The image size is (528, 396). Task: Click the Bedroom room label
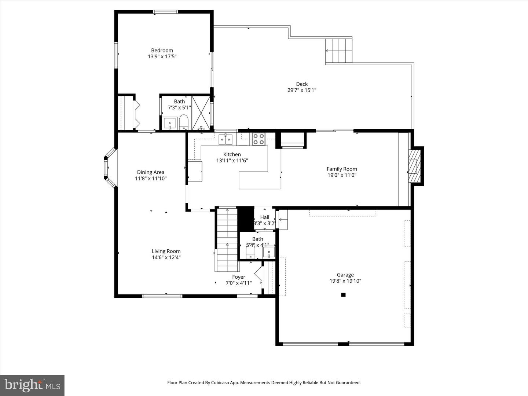click(162, 51)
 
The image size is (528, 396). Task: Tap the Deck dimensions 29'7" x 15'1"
click(301, 90)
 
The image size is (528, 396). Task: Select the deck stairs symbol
click(338, 51)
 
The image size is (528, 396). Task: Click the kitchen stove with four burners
click(258, 139)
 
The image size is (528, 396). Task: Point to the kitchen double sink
click(225, 139)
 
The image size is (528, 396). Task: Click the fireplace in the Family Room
click(414, 166)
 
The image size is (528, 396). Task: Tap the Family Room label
click(341, 169)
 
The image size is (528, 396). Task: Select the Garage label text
click(345, 275)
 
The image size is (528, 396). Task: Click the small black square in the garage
click(343, 294)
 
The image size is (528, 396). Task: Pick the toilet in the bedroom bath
click(183, 122)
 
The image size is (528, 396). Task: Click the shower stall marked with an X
click(201, 112)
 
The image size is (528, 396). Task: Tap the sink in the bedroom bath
click(169, 123)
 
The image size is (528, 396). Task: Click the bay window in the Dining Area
click(109, 167)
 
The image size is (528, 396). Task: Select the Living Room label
click(166, 252)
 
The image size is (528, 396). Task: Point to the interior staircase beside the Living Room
click(227, 240)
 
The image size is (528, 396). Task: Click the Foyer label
click(239, 277)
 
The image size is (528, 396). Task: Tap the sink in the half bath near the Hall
click(269, 252)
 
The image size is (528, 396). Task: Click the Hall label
click(264, 217)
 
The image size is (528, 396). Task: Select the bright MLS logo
click(32, 385)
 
